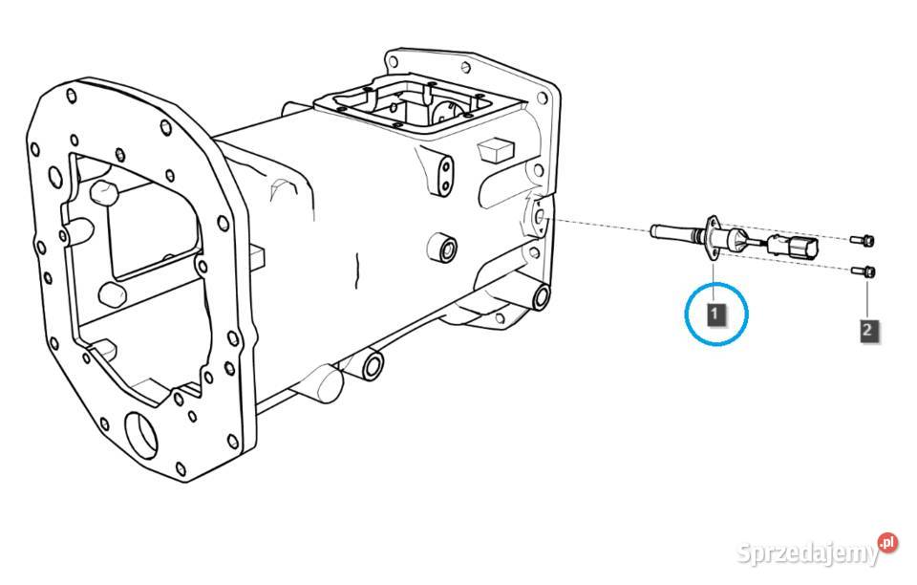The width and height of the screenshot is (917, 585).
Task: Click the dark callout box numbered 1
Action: (715, 314)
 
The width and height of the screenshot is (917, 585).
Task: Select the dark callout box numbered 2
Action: (867, 330)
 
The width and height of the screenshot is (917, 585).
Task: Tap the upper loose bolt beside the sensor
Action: (863, 239)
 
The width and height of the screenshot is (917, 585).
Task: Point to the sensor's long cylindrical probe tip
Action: (672, 232)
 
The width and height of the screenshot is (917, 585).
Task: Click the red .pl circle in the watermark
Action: (887, 543)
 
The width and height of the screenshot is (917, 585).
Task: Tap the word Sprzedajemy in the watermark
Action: (808, 552)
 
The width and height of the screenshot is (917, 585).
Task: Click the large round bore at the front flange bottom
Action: (141, 436)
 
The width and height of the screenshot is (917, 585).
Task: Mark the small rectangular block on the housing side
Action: (494, 150)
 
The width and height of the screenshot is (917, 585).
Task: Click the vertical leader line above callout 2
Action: (867, 299)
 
